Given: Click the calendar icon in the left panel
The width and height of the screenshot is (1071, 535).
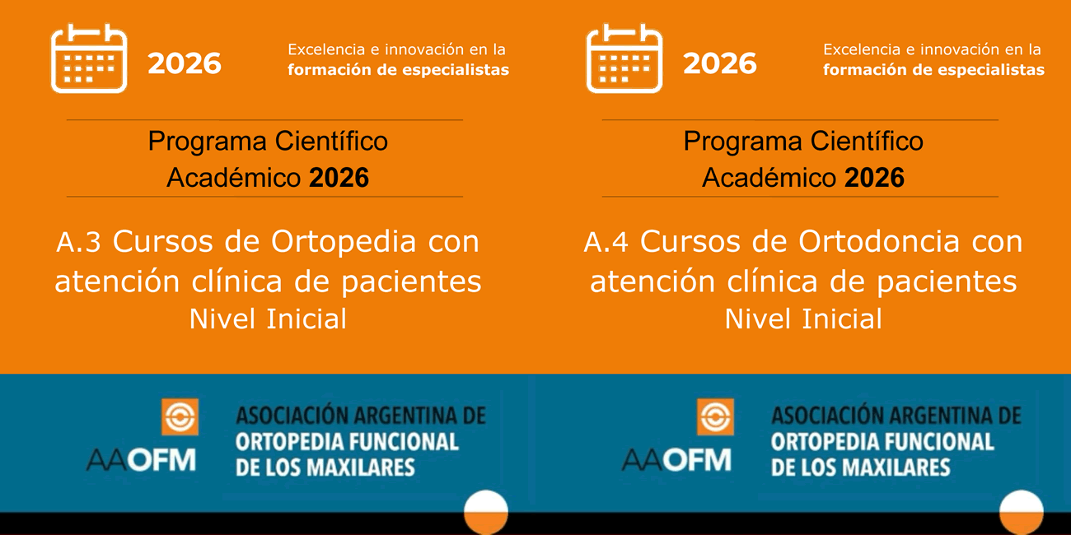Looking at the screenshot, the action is [x=89, y=58].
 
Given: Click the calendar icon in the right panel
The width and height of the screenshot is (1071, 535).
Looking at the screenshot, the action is [x=624, y=58].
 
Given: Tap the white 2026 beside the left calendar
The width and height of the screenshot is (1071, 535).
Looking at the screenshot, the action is [x=185, y=63].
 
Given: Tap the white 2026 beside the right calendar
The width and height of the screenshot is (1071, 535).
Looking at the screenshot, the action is [x=720, y=63].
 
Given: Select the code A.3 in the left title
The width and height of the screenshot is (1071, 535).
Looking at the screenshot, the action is [x=78, y=242].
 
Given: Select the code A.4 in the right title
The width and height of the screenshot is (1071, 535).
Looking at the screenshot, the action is [x=606, y=242].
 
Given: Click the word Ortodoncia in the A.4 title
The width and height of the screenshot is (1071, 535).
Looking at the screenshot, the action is [x=879, y=242].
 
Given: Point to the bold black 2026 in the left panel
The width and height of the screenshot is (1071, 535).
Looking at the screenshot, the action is [x=339, y=178].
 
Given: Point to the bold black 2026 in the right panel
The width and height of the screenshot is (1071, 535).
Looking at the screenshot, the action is [x=874, y=178].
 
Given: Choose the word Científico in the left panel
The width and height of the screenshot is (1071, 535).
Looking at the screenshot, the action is [x=331, y=141].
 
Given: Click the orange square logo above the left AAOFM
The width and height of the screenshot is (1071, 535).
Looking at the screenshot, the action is [x=180, y=417].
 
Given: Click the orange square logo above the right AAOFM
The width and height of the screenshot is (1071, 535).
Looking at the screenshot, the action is [x=715, y=417].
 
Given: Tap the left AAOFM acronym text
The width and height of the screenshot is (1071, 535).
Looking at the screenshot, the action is [x=141, y=460].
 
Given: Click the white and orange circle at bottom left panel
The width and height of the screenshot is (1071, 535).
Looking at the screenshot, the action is [x=486, y=512].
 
